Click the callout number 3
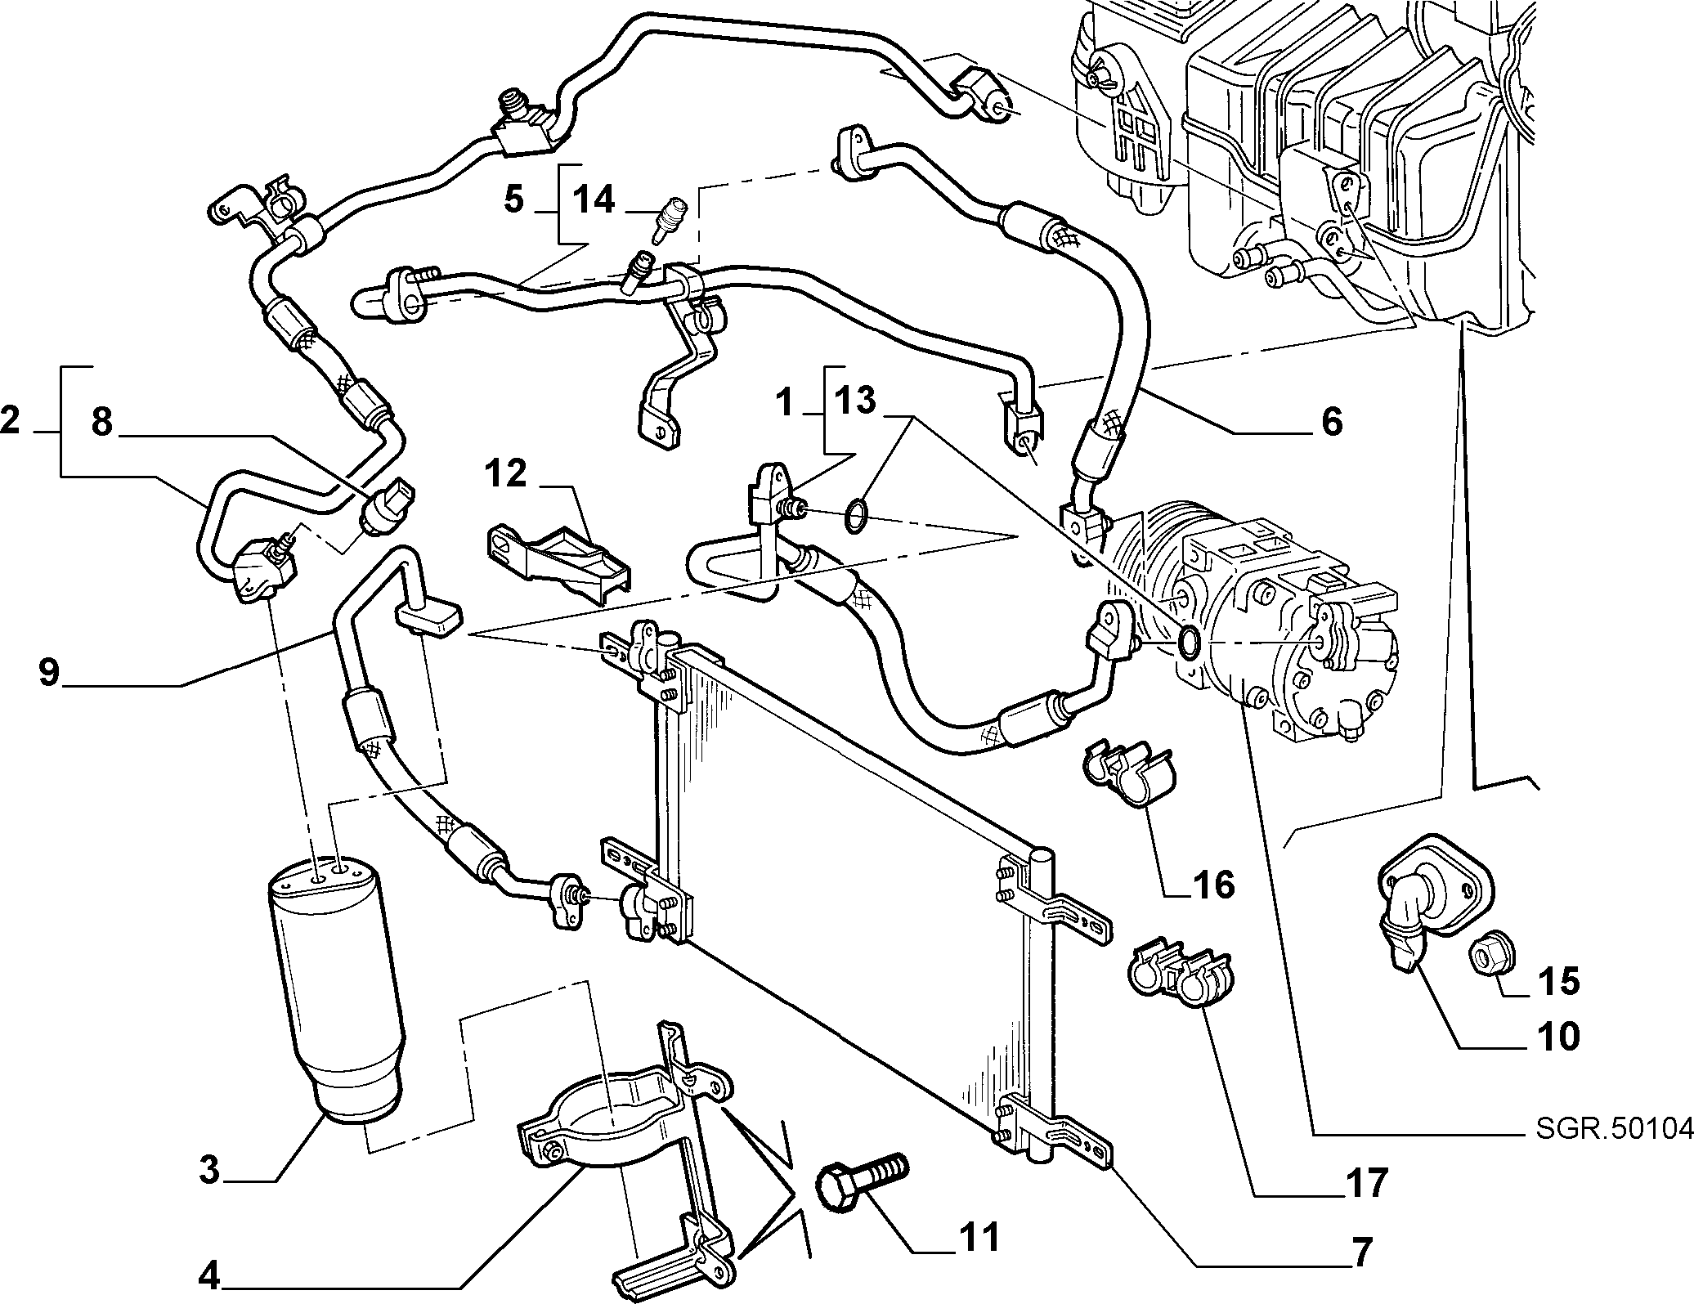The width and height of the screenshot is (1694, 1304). pos(209,1171)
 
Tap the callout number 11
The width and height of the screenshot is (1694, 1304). pos(979,1238)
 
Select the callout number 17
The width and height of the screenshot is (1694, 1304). pos(1366,1182)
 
